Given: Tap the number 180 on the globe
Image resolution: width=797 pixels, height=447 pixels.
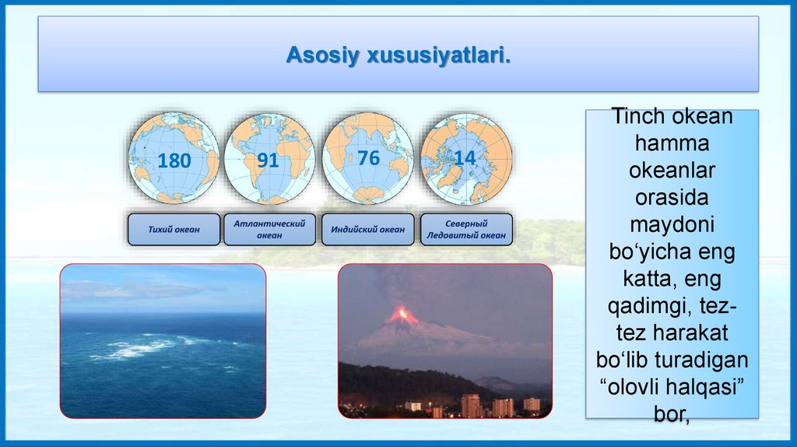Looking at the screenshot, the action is coord(174,160).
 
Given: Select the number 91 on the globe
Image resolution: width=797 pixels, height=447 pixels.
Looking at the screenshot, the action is coord(268,160).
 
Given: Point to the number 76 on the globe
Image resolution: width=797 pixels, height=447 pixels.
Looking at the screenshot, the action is coord(368,157).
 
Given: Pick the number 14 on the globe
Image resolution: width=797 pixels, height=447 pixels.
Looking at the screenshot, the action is coord(465,158).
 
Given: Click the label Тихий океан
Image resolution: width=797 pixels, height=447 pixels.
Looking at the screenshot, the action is coord(174,230).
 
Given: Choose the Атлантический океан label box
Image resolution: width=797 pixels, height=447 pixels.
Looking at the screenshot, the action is coord(269,230).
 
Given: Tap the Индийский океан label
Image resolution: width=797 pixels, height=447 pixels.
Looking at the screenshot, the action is coord(368,230).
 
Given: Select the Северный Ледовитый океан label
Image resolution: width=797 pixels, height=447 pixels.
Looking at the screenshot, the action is coord(466,230).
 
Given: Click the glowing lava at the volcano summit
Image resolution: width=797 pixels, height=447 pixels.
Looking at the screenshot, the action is coord(402,315).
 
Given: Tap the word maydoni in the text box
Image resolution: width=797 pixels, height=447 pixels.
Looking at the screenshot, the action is coord(672,225).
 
